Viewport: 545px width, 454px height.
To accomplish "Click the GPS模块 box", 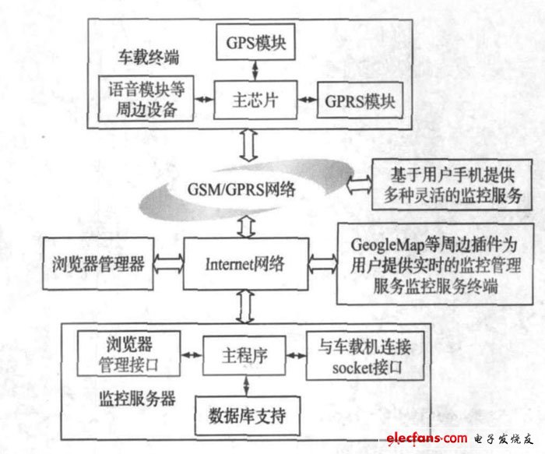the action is [x=256, y=42].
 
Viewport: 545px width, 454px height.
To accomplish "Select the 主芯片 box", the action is [x=255, y=100].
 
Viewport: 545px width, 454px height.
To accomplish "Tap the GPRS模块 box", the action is [x=360, y=100].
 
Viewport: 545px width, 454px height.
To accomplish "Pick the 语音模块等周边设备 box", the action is [x=146, y=99].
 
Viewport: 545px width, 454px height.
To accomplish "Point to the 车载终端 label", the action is [x=149, y=57].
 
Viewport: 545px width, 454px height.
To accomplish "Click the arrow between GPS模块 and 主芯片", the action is [x=255, y=71].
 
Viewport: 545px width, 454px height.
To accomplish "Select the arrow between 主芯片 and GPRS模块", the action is [x=308, y=100].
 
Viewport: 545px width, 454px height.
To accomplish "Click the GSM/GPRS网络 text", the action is [x=241, y=189].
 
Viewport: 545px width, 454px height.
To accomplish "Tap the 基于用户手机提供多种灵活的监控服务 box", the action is [x=452, y=185].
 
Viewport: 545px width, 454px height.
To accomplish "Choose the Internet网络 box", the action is [x=246, y=264].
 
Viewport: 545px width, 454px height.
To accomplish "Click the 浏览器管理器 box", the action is [x=98, y=264].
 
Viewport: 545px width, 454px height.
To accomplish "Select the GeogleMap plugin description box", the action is [x=434, y=264].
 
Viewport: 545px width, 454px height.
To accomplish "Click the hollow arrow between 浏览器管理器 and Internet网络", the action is [x=169, y=263].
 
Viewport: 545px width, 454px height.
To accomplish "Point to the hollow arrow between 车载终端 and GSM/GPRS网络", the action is [x=249, y=146].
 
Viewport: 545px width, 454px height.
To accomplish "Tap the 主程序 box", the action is [x=244, y=356].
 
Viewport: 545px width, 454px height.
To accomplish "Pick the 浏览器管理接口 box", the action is [x=128, y=354].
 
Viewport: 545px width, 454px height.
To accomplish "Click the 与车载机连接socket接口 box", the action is [x=365, y=356].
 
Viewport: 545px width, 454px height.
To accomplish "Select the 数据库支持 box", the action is [x=248, y=415].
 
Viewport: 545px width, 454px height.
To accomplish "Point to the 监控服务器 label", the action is [x=138, y=399].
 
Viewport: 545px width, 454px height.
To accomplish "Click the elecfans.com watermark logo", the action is [x=459, y=438].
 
